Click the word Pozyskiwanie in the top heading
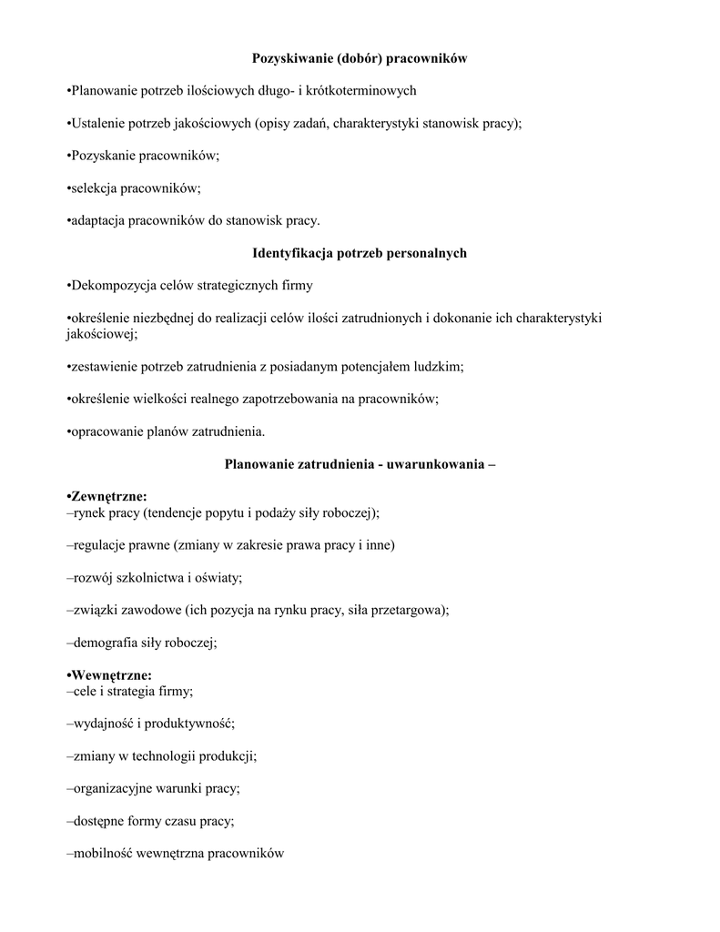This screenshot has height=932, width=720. click(x=291, y=59)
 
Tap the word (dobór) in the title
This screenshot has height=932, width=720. click(x=360, y=59)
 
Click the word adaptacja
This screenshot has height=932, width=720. click(x=98, y=220)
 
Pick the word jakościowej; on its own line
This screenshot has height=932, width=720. click(x=101, y=334)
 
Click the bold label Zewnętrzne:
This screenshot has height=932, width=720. click(x=107, y=496)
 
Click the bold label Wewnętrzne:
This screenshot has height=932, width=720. click(x=109, y=674)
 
